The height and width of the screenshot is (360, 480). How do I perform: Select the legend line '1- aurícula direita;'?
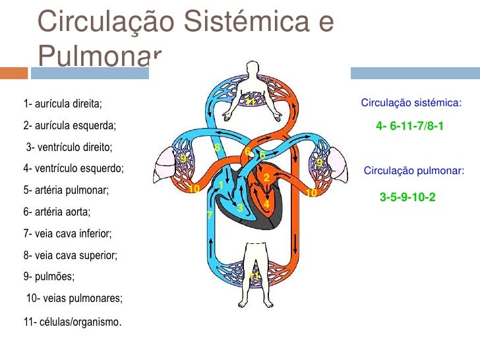[x=63, y=104]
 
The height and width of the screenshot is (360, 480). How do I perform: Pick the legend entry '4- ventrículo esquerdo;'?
[x=73, y=168]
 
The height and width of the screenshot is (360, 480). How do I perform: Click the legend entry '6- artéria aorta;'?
[x=57, y=212]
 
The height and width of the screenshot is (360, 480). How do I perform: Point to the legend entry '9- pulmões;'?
[x=49, y=276]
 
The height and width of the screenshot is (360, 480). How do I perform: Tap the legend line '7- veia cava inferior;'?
[x=67, y=233]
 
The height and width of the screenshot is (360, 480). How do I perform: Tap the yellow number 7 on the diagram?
[x=209, y=216]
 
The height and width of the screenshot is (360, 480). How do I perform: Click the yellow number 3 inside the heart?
[x=240, y=208]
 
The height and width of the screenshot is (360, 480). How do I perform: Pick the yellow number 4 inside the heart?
[x=266, y=205]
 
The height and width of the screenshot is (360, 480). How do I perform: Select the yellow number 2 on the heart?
[x=266, y=178]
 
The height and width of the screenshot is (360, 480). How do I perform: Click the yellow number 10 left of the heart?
[x=194, y=190]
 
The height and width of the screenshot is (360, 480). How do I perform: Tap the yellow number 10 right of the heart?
[x=311, y=193]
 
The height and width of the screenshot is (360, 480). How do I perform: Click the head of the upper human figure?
[x=251, y=68]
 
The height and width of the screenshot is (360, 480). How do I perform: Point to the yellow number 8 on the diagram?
[x=216, y=146]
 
